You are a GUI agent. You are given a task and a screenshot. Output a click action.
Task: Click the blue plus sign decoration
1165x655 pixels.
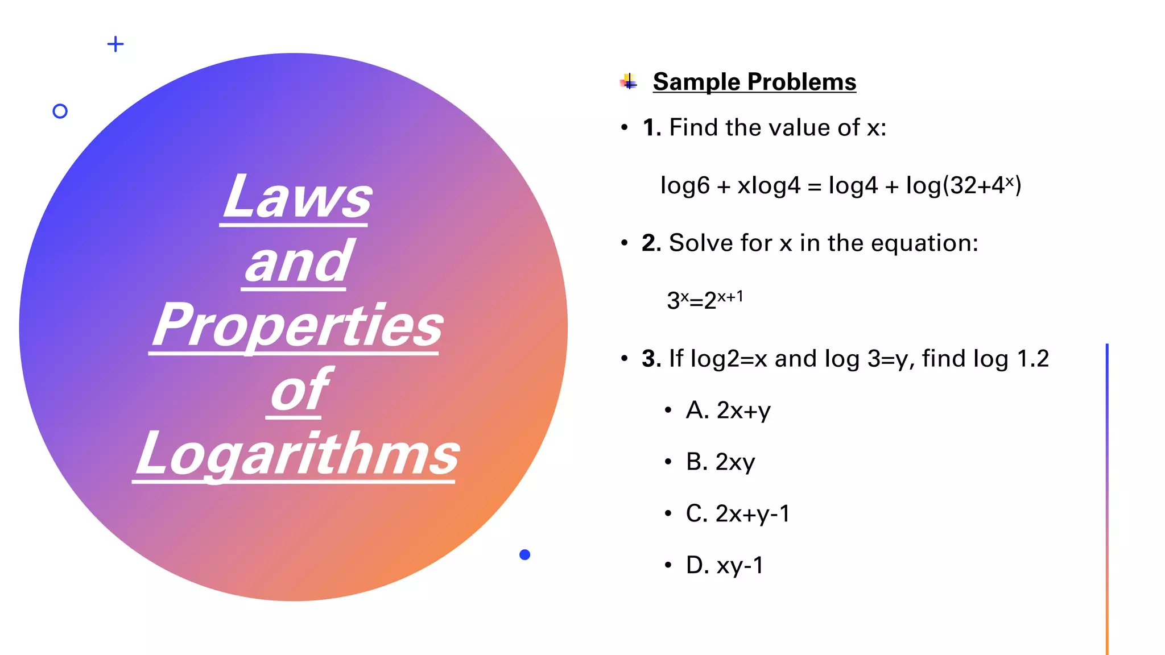click(115, 44)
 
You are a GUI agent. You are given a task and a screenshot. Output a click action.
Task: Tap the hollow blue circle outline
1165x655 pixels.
click(60, 111)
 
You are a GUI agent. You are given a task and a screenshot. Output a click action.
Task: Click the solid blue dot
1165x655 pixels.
click(525, 555)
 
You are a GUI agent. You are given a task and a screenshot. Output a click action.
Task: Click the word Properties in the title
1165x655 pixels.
click(297, 325)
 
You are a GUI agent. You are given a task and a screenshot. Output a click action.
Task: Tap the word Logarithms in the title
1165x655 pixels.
click(297, 454)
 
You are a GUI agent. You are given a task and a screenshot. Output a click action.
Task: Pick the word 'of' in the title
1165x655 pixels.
click(298, 390)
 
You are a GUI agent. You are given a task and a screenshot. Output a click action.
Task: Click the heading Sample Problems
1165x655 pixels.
click(754, 82)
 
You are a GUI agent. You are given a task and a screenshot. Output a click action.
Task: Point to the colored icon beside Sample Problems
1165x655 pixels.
click(628, 82)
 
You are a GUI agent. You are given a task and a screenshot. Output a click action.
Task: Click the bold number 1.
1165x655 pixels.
click(651, 128)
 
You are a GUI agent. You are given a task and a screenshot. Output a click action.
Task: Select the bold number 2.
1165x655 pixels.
click(651, 243)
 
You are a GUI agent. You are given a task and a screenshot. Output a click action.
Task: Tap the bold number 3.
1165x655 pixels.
click(651, 359)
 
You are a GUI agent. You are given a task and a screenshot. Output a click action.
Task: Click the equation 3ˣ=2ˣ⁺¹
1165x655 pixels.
click(704, 300)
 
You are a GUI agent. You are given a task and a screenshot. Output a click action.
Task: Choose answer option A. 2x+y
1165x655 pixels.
click(728, 411)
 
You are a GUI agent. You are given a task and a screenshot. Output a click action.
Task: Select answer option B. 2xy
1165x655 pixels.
click(720, 462)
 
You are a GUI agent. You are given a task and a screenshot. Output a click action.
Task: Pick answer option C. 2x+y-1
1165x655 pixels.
click(738, 514)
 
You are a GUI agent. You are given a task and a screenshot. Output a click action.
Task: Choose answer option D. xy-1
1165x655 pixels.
click(725, 566)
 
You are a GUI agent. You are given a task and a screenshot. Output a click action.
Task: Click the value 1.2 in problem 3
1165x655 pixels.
click(1032, 359)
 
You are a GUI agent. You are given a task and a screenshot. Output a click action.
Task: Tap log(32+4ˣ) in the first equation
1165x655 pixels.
click(964, 185)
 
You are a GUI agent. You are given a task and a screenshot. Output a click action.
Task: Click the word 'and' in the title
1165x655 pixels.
click(297, 262)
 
